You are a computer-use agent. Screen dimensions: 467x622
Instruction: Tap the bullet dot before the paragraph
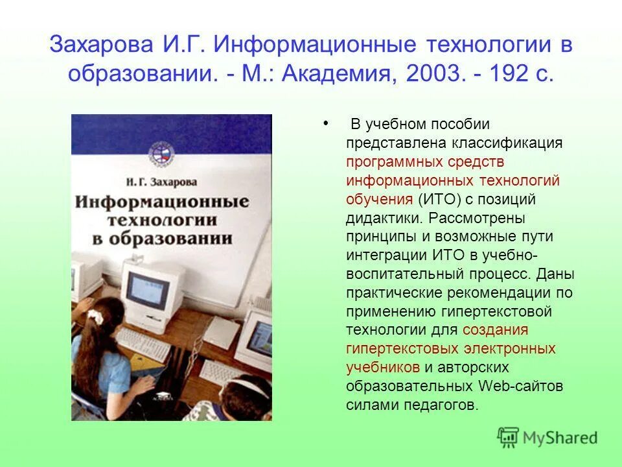coord(324,121)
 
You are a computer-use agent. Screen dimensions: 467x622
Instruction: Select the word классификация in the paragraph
coord(507,143)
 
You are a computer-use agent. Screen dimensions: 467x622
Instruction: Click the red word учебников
coord(382,367)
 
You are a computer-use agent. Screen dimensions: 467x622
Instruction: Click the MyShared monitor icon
coord(509,437)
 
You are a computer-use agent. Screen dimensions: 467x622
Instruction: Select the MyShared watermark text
coord(560,438)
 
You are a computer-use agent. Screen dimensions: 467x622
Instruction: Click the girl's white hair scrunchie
coord(96,316)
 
